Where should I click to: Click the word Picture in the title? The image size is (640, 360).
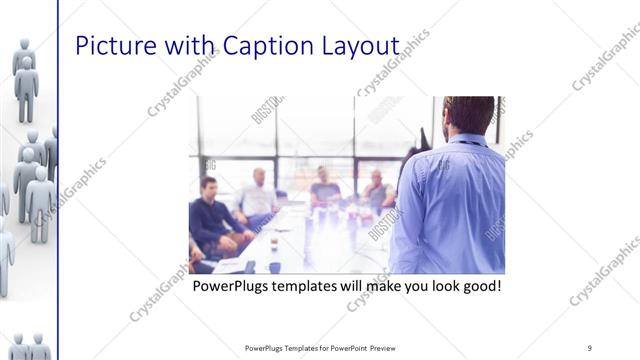[x=112, y=48]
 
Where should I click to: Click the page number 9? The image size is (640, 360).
[x=590, y=348]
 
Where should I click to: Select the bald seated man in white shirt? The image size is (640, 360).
[x=258, y=195]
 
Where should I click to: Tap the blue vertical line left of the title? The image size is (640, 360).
[x=58, y=180]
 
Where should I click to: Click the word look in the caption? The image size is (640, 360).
[x=437, y=287]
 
